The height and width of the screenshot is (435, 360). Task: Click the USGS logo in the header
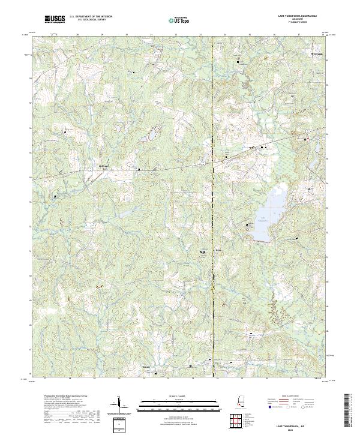pos(55,19)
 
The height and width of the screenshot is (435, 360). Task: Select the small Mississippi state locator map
pos(241,402)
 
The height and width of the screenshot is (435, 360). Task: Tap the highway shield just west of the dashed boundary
pos(205,163)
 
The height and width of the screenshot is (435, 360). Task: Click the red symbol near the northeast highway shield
pos(305,140)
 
